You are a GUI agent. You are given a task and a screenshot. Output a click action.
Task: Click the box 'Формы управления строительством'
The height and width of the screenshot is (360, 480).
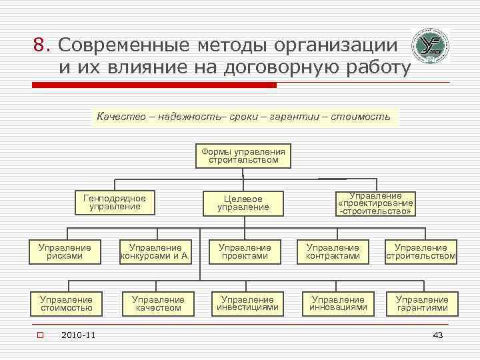point(243,155)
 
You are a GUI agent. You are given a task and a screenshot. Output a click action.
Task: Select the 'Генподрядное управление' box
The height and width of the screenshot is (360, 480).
point(115,202)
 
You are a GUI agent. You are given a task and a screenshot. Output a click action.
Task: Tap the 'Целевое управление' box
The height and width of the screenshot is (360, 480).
point(243,203)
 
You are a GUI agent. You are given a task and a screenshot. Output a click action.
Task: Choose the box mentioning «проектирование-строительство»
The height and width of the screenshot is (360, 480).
point(375,203)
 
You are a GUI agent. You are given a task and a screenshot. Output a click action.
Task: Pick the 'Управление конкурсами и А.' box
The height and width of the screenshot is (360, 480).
point(155,251)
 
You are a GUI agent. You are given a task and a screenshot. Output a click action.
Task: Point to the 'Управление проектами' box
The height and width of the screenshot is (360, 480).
point(245,251)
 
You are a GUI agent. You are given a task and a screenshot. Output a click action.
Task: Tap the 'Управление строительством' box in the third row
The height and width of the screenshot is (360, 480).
point(421,251)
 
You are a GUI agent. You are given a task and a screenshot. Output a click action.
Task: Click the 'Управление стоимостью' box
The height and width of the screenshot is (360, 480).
point(66,303)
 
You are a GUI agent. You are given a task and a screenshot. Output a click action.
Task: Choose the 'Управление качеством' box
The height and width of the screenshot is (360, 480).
point(158,303)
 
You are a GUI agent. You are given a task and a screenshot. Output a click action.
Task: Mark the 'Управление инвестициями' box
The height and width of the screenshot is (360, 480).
point(247,303)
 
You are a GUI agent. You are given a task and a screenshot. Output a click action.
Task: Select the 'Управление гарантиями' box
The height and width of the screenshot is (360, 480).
point(422,303)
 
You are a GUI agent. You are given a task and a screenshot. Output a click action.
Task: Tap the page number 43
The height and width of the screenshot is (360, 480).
point(437,335)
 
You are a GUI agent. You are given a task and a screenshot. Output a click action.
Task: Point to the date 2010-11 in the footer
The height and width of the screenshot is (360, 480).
point(77,335)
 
